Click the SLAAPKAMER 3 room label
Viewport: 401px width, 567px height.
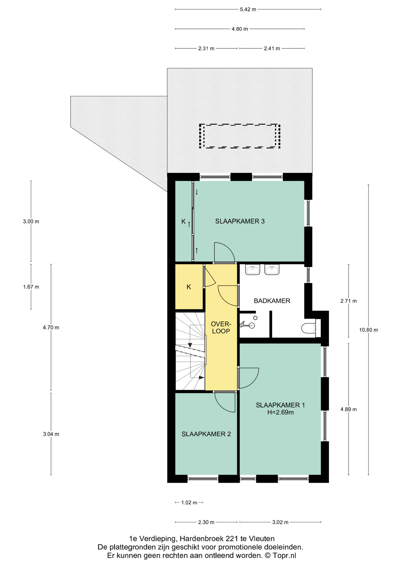pos(240,221)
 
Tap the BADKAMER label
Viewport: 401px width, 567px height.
pos(272,301)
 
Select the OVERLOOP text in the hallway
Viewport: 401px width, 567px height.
pos(221,328)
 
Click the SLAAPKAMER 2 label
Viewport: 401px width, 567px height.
pos(206,434)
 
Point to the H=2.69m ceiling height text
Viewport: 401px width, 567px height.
pos(281,412)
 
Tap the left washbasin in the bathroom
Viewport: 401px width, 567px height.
pos(252,270)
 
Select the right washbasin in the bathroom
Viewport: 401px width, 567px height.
pos(272,270)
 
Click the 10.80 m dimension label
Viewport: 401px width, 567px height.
pos(369,330)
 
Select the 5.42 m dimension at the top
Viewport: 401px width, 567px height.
pos(248,9)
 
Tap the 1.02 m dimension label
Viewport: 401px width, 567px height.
pos(189,502)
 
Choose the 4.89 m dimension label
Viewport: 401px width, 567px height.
pos(348,409)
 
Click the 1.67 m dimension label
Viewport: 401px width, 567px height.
pos(31,287)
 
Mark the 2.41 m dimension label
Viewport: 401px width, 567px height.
pos(272,48)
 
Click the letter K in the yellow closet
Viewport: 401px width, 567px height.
pos(189,287)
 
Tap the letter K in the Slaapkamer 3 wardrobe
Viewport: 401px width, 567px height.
pos(183,221)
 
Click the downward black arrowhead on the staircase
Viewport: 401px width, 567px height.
pos(190,345)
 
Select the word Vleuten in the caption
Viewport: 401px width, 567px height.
pos(262,538)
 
